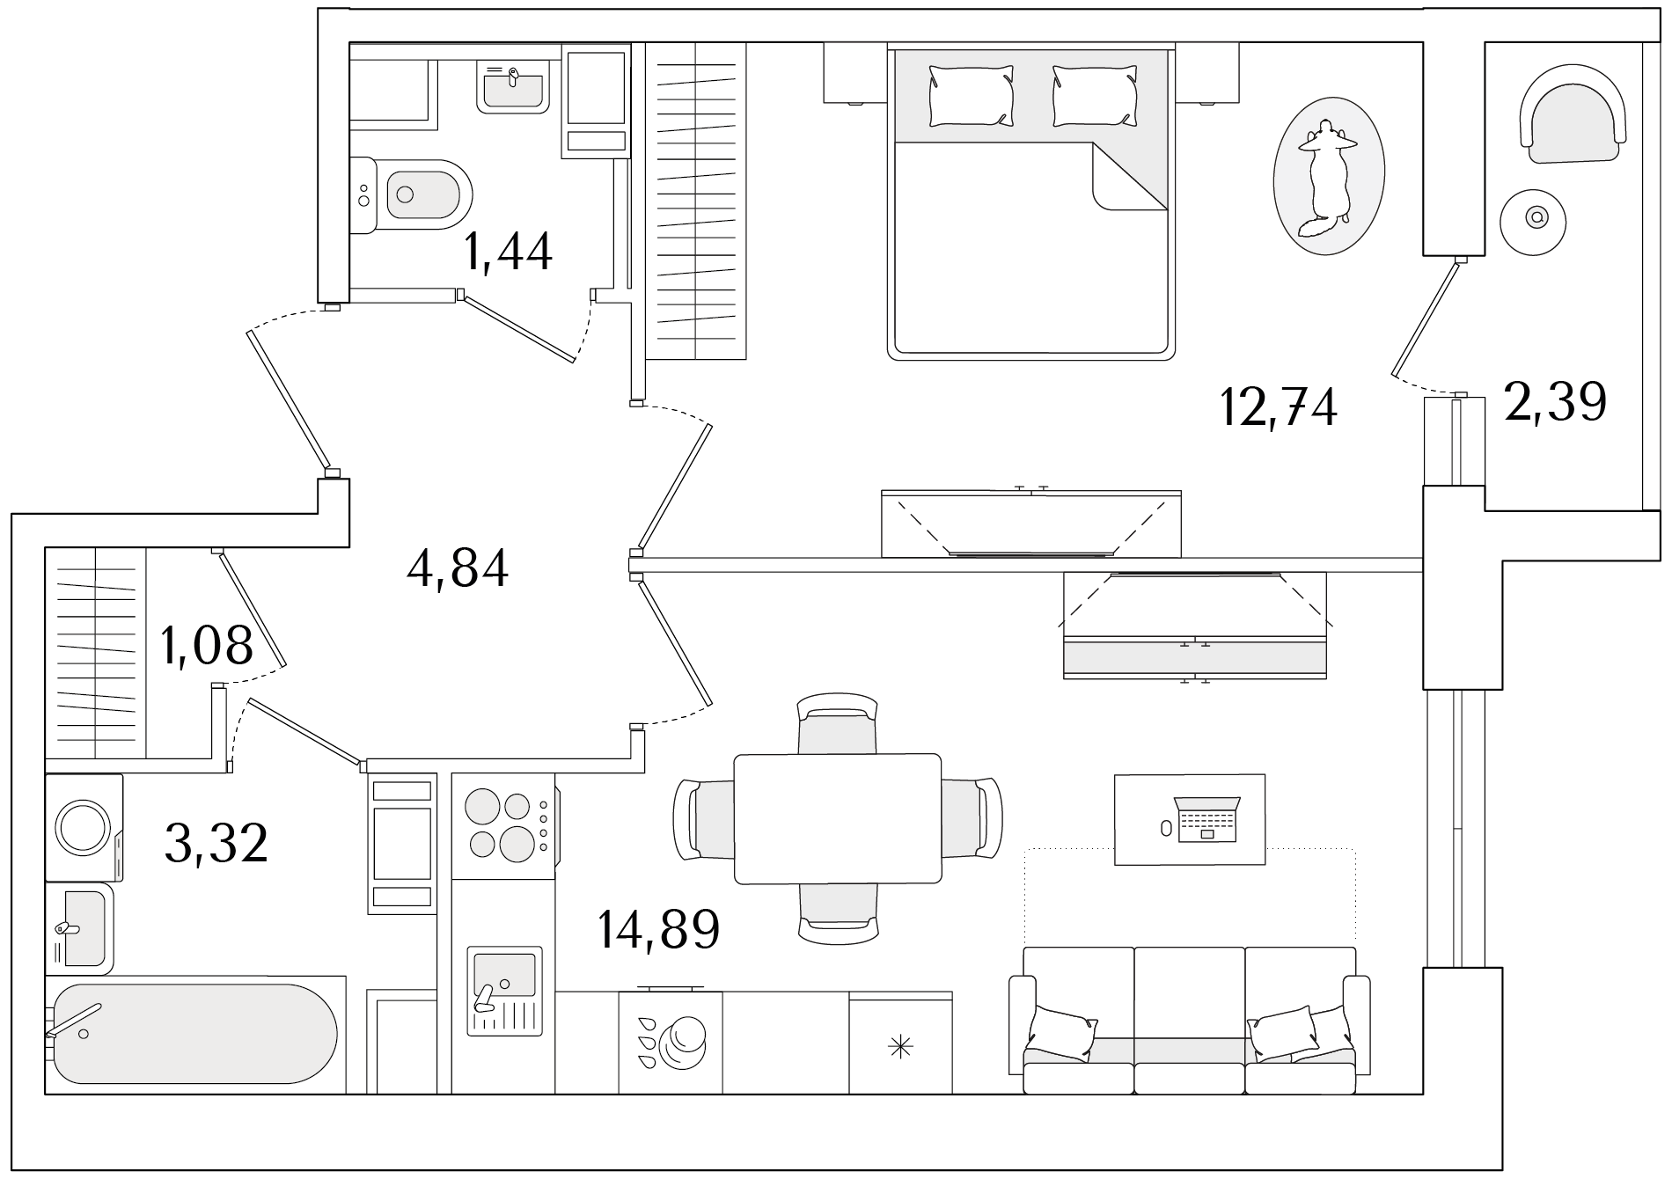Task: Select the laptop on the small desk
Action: (x=1206, y=817)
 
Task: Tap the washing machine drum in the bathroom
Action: (x=83, y=826)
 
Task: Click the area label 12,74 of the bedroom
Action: (x=1279, y=407)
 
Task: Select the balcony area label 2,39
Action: (x=1555, y=401)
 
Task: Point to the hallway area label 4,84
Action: (x=458, y=568)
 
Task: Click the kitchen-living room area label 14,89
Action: (x=658, y=929)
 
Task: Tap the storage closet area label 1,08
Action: (x=207, y=645)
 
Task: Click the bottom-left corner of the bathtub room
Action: (x=46, y=1094)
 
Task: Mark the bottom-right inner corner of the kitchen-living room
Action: (x=1423, y=1094)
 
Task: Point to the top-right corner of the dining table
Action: (x=941, y=755)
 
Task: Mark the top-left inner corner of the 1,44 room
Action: (x=350, y=43)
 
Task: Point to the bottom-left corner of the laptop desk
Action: (x=1115, y=864)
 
